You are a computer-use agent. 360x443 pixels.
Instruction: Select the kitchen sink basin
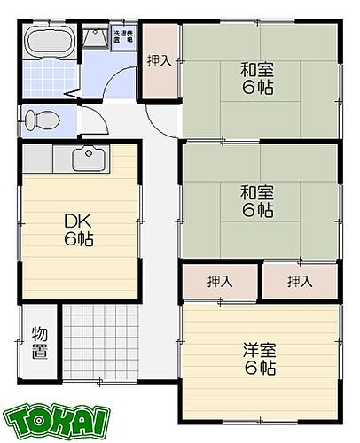click(x=86, y=160)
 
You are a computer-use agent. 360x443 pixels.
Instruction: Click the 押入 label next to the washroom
click(x=160, y=61)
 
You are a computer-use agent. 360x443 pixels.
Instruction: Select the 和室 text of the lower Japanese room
click(x=260, y=190)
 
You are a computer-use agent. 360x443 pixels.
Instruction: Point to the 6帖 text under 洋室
click(x=260, y=366)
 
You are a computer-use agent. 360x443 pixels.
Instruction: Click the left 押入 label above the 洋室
click(x=220, y=282)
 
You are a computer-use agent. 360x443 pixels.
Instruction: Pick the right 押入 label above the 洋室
click(x=300, y=282)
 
